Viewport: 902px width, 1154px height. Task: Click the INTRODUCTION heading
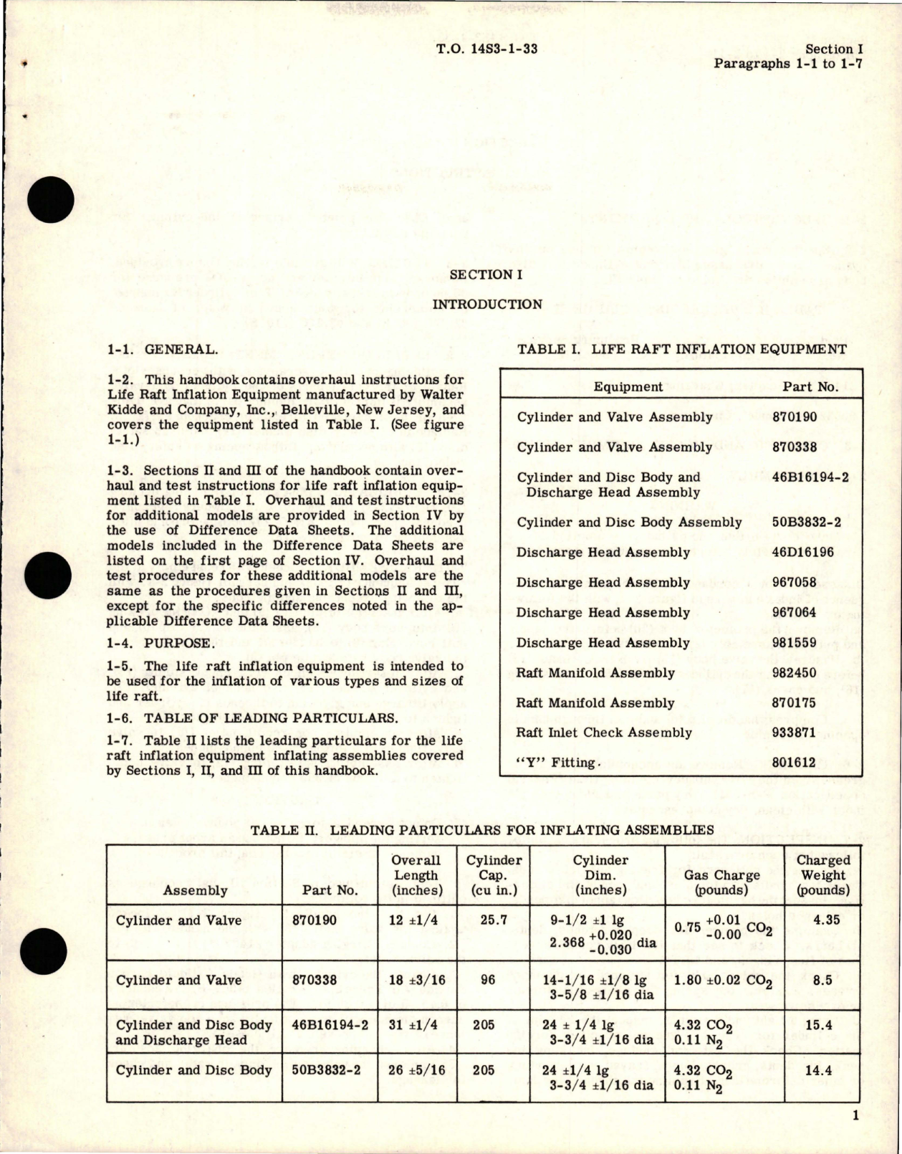(x=486, y=304)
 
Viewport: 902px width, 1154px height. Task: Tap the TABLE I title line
(x=681, y=349)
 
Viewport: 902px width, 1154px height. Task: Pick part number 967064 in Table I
(x=800, y=613)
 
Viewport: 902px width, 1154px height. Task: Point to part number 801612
(x=800, y=763)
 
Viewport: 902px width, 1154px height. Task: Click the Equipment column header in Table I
(x=628, y=387)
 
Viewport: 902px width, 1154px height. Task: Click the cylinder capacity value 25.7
(x=494, y=920)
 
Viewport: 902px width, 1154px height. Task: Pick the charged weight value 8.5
(x=823, y=980)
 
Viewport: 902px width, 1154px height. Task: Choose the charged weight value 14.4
(x=823, y=1070)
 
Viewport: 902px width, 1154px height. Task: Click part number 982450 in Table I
(x=800, y=673)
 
